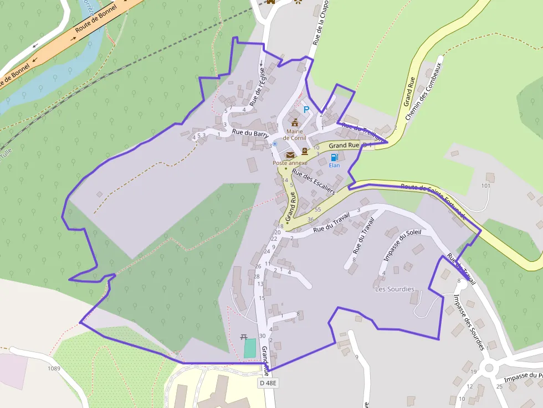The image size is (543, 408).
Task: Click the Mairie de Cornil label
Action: click(x=294, y=135)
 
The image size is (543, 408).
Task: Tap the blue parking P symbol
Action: click(x=306, y=110)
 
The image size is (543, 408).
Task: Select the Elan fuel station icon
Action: click(x=334, y=157)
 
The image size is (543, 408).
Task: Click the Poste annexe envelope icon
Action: click(x=290, y=155)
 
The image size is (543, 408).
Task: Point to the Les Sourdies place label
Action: click(x=395, y=289)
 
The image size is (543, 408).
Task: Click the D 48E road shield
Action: click(x=267, y=383)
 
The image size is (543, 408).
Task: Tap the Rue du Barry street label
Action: click(x=250, y=133)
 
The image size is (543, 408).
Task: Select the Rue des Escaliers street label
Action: click(x=314, y=182)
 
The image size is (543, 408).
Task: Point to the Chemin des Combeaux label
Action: click(x=424, y=91)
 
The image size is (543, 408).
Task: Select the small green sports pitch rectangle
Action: click(x=250, y=348)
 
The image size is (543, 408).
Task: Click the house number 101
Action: click(x=486, y=185)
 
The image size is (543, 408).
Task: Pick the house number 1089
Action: click(x=54, y=368)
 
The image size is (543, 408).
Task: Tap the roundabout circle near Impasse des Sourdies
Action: click(x=489, y=368)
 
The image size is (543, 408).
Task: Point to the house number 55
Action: click(x=317, y=209)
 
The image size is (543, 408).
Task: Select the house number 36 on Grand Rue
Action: click(x=310, y=220)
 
